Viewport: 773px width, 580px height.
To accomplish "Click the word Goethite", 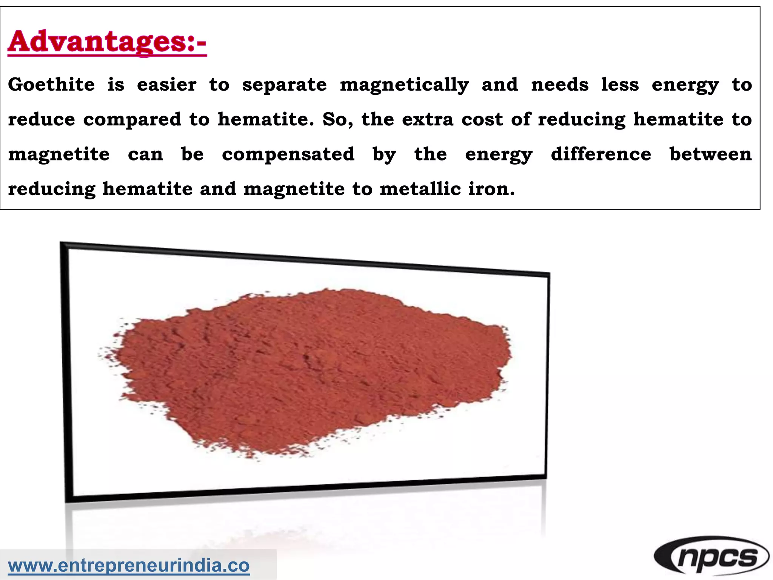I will [x=51, y=84].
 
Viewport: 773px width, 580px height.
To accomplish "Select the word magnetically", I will [x=404, y=85].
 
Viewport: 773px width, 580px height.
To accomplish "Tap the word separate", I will [x=284, y=85].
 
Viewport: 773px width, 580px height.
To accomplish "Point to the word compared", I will [x=132, y=120].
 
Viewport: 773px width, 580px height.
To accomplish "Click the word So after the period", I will [x=337, y=120].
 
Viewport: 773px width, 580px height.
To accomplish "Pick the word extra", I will [x=427, y=119].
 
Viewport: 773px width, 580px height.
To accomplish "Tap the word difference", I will [x=601, y=154].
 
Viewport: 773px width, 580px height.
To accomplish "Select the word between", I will [x=711, y=154].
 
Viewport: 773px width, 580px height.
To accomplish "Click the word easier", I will [x=166, y=84].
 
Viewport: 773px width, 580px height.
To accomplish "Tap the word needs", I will [x=560, y=84].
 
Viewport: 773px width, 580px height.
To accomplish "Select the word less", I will [x=620, y=84].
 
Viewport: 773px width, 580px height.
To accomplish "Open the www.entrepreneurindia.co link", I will [x=129, y=566].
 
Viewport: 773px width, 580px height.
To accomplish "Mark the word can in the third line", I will [x=145, y=154].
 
